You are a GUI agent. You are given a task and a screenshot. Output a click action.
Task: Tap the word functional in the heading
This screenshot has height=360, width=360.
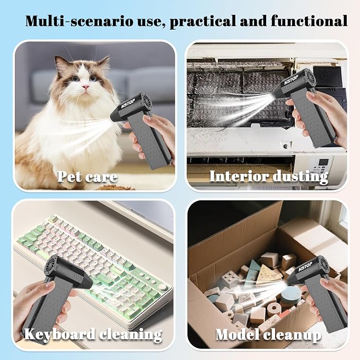(309, 21)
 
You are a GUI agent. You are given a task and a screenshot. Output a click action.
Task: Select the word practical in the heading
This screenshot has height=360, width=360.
(203, 22)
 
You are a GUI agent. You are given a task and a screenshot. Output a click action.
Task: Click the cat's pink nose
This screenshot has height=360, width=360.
(86, 87)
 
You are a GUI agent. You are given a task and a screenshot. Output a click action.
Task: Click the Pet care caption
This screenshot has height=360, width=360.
(87, 177)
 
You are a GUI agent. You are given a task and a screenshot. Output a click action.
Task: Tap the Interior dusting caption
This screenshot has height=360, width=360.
(269, 177)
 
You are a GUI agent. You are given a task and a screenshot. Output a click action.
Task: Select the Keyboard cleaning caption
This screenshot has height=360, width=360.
(93, 334)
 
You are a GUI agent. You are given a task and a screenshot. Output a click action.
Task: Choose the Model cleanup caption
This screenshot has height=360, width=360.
(268, 335)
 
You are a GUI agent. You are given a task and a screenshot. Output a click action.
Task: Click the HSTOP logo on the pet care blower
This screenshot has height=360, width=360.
(128, 104)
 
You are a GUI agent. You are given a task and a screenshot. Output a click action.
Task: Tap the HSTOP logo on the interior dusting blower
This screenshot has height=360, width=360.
(291, 80)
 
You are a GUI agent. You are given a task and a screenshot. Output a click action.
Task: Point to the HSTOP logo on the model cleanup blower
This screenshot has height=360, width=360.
(305, 266)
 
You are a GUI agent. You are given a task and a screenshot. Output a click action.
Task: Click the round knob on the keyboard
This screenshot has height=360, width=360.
(163, 287)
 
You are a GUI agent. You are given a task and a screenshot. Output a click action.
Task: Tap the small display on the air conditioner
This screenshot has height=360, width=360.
(324, 163)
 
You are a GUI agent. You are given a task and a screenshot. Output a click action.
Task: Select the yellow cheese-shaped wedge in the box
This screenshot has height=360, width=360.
(268, 274)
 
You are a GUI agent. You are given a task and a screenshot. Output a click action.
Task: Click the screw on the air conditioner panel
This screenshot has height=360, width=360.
(286, 146)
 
